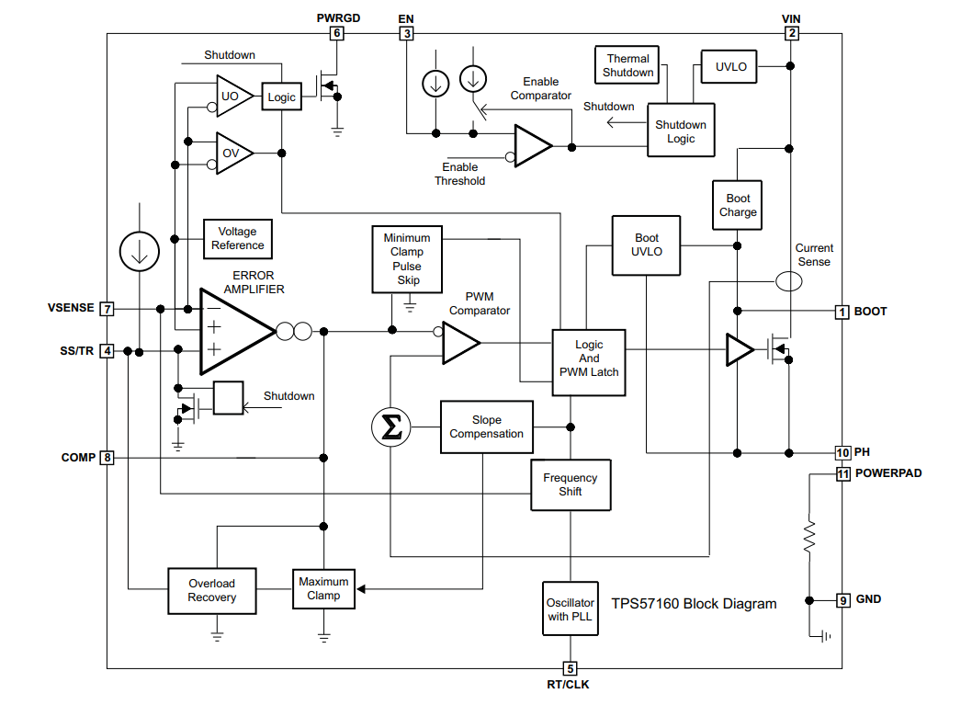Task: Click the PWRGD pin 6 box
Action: click(x=336, y=33)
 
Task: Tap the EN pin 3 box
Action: click(x=407, y=33)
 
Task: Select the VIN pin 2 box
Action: click(x=791, y=33)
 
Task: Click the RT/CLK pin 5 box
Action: click(x=571, y=668)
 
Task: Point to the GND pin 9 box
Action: click(x=842, y=600)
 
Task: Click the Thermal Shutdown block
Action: click(x=627, y=65)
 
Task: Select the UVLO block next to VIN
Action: click(x=729, y=66)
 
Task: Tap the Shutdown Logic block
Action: click(x=682, y=131)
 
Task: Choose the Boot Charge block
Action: click(x=737, y=205)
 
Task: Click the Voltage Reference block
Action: click(x=237, y=239)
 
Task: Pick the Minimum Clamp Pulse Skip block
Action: click(x=407, y=259)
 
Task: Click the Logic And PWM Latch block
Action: click(x=589, y=363)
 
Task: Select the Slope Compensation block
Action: click(x=487, y=427)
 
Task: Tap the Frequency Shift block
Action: click(x=571, y=485)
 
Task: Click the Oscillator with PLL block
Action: click(x=571, y=608)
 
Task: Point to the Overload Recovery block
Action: click(x=212, y=591)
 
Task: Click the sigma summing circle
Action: click(x=391, y=427)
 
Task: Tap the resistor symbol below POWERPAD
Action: click(x=809, y=537)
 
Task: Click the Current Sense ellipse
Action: click(x=788, y=281)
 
